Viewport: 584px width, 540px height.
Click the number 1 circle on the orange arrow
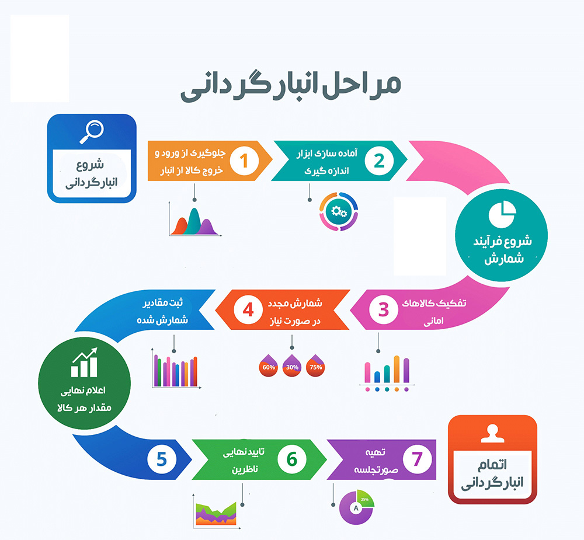click(244, 161)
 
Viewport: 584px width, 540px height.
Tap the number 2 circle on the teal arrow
click(379, 161)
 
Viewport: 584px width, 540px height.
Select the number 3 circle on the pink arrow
click(384, 310)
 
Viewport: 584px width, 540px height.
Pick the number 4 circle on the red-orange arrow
click(248, 310)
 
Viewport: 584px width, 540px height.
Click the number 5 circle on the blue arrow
click(162, 459)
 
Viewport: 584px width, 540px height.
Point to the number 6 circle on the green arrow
click(292, 459)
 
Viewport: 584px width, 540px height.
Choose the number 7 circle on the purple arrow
click(418, 459)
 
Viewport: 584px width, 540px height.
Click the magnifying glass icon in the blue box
click(92, 131)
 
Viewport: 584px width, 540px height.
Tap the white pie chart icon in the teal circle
click(502, 214)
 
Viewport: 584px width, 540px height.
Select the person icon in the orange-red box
click(492, 434)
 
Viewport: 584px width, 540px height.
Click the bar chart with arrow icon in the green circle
click(85, 363)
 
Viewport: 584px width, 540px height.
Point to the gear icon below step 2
click(339, 211)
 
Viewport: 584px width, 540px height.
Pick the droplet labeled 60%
click(269, 365)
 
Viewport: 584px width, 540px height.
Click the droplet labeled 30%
click(292, 365)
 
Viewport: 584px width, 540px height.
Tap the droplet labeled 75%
click(315, 365)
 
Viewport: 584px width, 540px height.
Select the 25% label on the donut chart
click(364, 499)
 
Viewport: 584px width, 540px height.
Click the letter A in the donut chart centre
click(356, 508)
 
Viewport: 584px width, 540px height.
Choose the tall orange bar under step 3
click(397, 369)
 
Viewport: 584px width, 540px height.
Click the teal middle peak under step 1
click(194, 221)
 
